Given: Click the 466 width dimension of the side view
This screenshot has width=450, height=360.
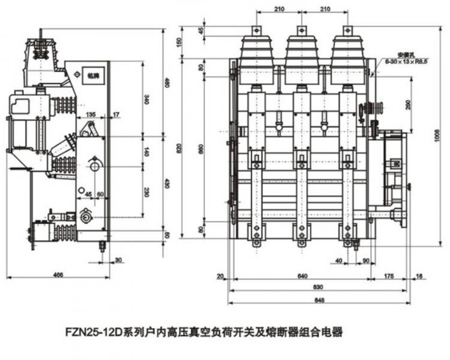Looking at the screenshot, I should click(x=58, y=274).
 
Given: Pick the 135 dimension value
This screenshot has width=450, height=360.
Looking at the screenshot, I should click(x=91, y=114).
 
